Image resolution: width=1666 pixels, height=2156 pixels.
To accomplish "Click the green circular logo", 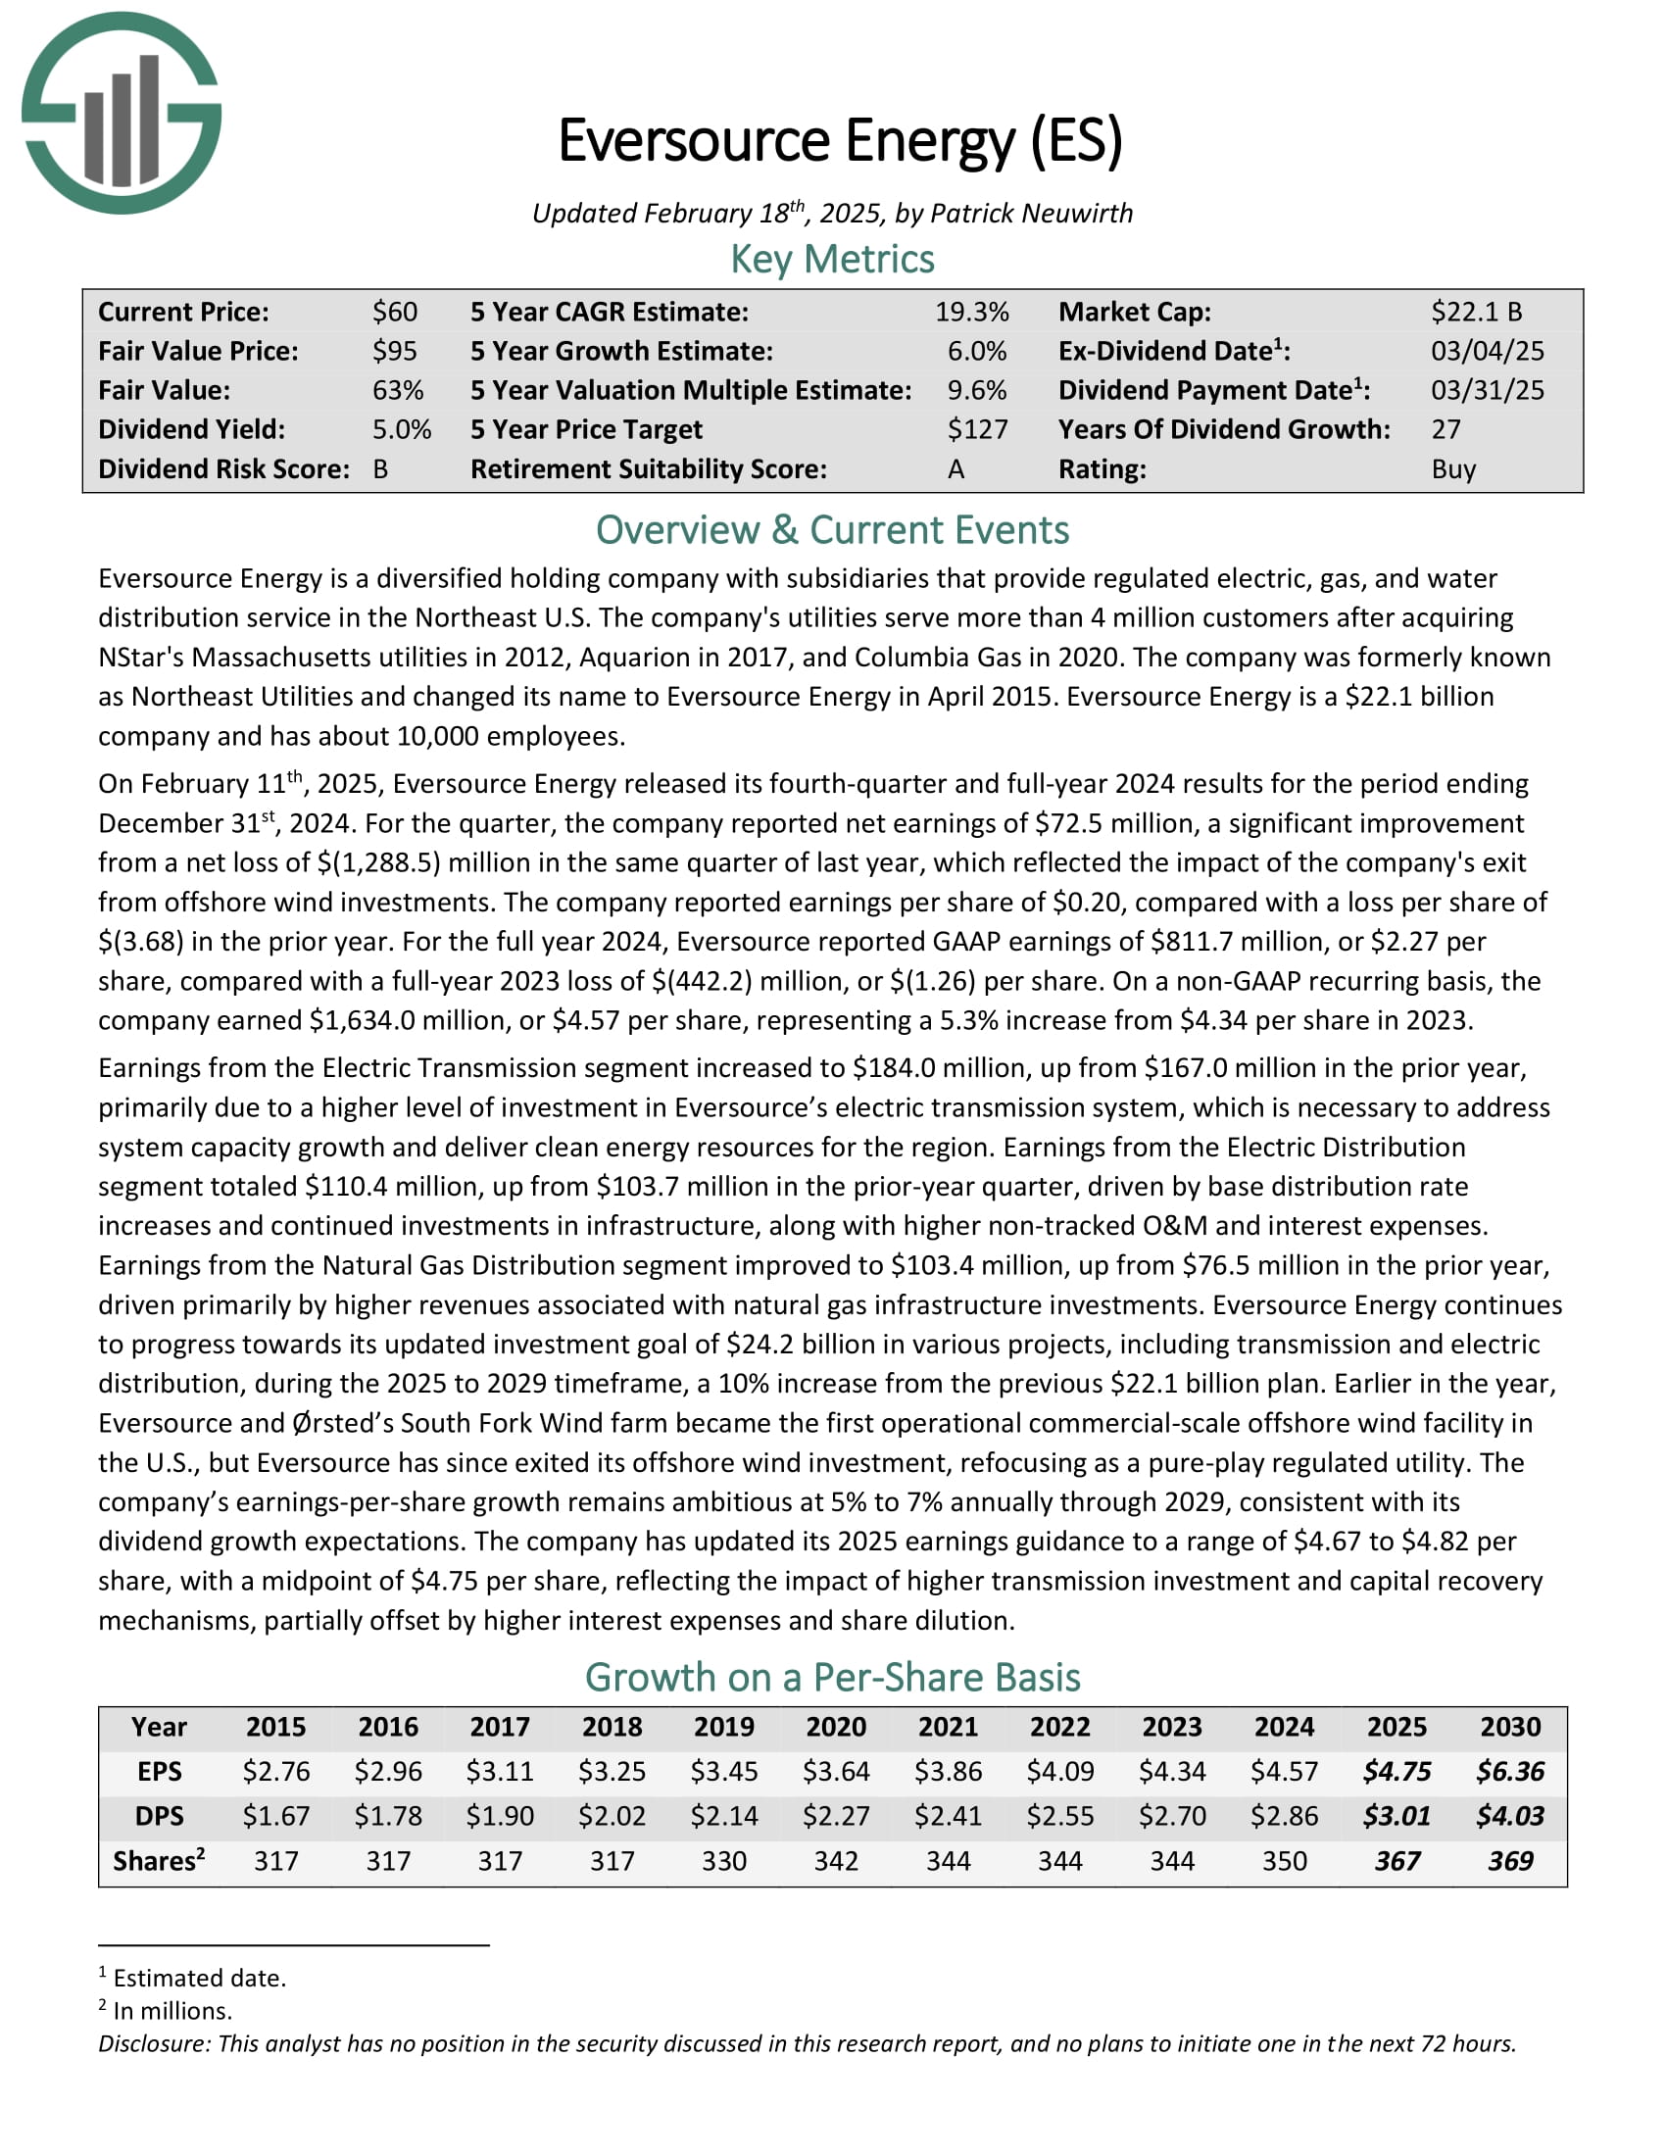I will coord(122,113).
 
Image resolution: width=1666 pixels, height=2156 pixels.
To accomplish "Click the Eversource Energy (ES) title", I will coord(840,141).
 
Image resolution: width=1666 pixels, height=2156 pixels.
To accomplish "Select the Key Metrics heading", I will coord(832,260).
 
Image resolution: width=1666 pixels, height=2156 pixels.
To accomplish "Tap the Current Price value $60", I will coord(395,312).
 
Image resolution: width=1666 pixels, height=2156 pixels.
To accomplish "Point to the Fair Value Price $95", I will coord(395,352).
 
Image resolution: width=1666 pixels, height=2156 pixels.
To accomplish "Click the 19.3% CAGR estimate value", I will coord(971,312).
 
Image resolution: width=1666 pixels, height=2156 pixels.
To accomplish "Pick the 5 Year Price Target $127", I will coord(977,429).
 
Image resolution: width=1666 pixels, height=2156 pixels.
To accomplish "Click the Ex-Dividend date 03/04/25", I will coord(1488,352).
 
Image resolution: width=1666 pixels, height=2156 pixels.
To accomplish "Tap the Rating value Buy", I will coord(1453,468).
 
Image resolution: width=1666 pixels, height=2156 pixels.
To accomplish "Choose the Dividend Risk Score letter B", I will coord(381,468).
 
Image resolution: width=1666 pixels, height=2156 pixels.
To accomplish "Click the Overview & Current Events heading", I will coord(832,530).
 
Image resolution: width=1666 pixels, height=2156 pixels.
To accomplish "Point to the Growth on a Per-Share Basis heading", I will coord(832,1677).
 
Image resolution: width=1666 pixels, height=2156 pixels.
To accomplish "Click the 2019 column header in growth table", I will coord(723,1727).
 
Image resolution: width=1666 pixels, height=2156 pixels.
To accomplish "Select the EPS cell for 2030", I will coord(1510,1771).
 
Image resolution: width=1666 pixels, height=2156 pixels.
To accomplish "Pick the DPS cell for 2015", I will coord(275,1815).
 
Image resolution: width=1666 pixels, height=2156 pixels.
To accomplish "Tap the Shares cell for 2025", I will coord(1396,1861).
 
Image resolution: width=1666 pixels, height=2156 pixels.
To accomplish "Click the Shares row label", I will coord(158,1861).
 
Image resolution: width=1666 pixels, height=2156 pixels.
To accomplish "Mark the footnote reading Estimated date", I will coord(198,1978).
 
